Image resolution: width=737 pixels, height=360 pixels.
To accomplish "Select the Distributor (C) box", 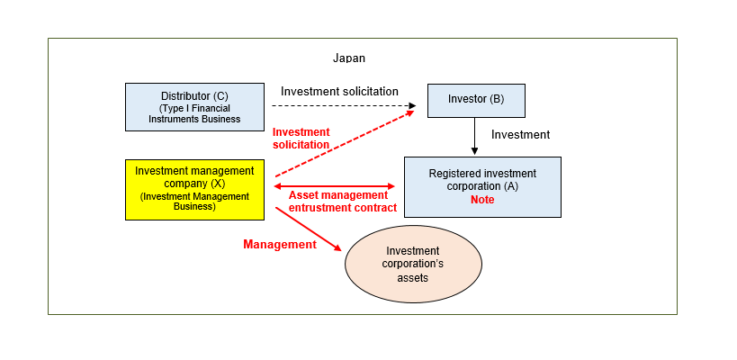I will click(194, 107).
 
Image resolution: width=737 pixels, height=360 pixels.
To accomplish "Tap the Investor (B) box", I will click(475, 99).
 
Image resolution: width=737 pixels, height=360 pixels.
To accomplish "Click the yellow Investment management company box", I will click(194, 189).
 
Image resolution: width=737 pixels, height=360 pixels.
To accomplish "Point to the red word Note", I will click(482, 200).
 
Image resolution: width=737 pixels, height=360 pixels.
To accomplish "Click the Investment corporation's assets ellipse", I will click(414, 264).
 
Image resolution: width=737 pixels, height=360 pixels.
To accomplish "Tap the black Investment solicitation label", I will click(339, 91).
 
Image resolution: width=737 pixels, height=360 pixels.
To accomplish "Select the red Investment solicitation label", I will click(301, 139).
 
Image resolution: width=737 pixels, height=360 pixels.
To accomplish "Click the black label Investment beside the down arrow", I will click(520, 134).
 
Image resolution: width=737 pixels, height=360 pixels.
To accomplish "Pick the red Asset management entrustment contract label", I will click(342, 201).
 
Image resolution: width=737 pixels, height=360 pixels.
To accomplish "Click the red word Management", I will click(280, 244).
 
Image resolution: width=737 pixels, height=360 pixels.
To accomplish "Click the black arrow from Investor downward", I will click(475, 135).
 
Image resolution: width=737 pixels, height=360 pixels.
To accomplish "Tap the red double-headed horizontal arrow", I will click(334, 185).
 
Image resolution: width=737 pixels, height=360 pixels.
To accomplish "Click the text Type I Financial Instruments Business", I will click(194, 113).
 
